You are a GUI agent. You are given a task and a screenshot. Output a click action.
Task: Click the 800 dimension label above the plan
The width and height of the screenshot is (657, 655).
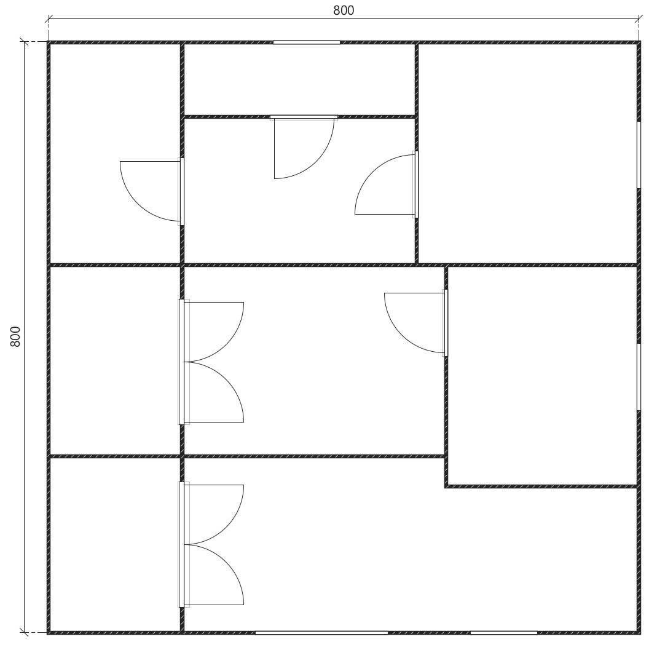click(x=344, y=10)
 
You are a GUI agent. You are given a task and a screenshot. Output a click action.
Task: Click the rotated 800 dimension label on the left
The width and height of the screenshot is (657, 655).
click(x=15, y=336)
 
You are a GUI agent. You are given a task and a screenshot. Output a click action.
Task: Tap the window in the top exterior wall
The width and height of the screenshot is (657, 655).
click(x=307, y=42)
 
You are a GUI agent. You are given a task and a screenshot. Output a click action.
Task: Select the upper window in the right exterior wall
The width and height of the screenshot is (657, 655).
click(x=639, y=155)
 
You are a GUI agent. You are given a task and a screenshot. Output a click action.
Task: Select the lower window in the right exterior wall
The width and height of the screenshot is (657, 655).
click(x=639, y=377)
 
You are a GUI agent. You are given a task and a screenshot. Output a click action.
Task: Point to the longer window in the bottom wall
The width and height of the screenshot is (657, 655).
click(x=321, y=632)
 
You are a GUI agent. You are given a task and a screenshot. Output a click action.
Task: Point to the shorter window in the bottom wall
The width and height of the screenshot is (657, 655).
click(x=503, y=632)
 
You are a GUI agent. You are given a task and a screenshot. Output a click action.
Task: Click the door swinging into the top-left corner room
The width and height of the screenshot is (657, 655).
click(x=151, y=191)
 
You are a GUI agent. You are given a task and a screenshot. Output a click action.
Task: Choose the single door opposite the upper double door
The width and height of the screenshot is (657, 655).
click(x=415, y=323)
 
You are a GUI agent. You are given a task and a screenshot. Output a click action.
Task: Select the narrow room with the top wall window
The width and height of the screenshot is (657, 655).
click(x=299, y=79)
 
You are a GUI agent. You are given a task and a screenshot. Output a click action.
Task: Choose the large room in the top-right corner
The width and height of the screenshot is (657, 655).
click(x=527, y=154)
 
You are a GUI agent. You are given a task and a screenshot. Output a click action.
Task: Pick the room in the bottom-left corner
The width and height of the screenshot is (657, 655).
click(x=115, y=544)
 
